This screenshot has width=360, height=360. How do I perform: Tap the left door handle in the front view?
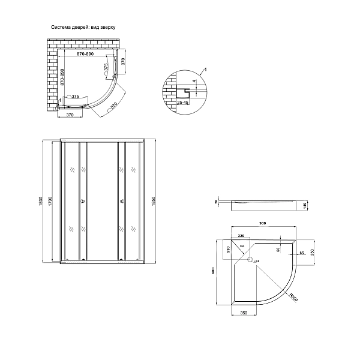click(x=82, y=201)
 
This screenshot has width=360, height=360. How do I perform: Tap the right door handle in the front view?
click(x=122, y=201)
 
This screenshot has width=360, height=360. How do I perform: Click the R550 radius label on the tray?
click(x=293, y=297)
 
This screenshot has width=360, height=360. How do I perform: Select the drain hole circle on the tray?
click(x=253, y=260)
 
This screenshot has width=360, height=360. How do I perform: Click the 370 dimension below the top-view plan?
click(x=70, y=115)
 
